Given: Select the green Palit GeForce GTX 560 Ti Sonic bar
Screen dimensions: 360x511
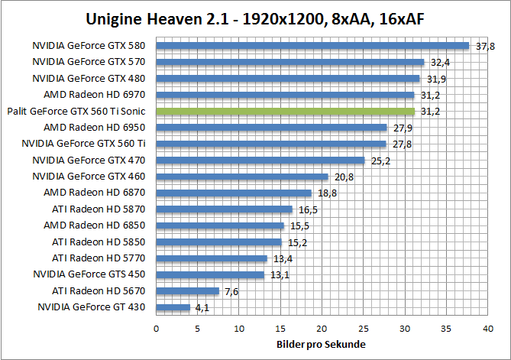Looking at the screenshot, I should (285, 112).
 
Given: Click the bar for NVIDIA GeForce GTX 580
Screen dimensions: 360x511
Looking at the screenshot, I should (312, 45).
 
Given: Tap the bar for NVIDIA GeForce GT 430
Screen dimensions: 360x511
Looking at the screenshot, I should (173, 307).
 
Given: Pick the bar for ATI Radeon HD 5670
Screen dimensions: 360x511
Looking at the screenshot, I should (187, 291).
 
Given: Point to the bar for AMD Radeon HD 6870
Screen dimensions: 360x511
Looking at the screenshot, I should (234, 193).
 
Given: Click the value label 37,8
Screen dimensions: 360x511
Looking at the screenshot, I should (485, 47).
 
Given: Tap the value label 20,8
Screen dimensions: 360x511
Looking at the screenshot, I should (344, 177).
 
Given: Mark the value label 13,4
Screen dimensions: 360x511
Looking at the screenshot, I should (283, 259).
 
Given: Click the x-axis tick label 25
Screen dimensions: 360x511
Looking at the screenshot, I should (364, 328).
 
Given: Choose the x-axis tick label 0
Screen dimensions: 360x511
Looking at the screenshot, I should (157, 328).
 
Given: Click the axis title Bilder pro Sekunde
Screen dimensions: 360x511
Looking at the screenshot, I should (321, 345).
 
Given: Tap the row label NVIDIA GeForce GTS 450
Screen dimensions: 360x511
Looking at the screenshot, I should (92, 274).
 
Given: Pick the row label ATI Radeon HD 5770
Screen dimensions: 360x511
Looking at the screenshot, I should (103, 258).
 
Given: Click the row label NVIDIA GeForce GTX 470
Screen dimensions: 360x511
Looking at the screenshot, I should (94, 161).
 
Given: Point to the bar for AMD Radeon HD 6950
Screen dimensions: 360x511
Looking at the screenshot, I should (271, 128).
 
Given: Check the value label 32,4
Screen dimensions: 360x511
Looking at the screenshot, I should (441, 63).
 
